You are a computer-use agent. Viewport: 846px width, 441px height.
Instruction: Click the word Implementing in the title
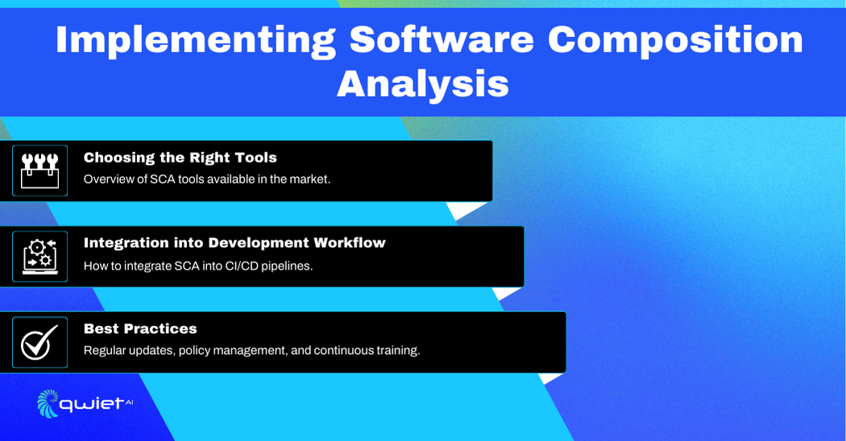195,40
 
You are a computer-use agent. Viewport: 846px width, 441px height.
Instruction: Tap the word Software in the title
442,39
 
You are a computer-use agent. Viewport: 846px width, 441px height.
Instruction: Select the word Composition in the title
675,40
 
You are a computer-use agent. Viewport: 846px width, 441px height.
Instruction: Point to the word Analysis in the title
422,84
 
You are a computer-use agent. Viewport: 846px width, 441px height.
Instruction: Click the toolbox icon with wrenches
40,171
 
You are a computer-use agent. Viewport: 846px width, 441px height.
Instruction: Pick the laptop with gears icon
40,257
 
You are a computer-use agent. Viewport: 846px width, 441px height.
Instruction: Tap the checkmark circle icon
39,342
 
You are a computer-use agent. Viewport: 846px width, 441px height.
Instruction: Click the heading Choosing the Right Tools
180,158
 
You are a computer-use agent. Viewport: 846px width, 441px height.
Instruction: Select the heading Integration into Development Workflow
234,243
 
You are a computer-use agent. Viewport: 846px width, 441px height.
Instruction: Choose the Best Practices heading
140,328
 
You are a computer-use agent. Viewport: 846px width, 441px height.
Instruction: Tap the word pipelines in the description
287,266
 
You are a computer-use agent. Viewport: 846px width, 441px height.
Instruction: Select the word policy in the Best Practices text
194,350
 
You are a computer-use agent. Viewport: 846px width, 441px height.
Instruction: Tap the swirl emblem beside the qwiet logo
48,403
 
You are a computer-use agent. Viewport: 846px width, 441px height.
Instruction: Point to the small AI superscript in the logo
129,402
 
